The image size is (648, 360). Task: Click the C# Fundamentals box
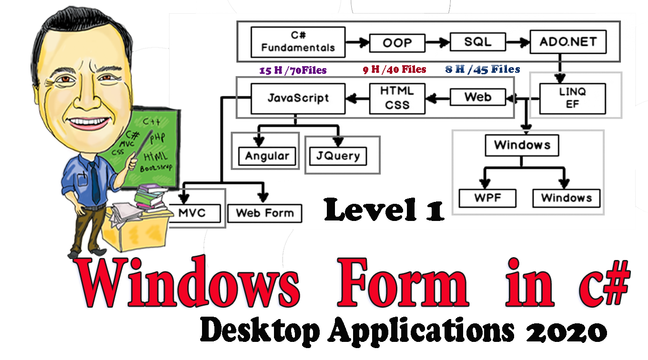[298, 42]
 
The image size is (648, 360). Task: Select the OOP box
[397, 43]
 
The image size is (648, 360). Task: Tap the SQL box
[477, 42]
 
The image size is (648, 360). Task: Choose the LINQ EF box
[572, 99]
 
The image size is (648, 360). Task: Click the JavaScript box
[298, 99]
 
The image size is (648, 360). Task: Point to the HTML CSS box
[397, 99]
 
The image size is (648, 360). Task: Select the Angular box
[267, 156]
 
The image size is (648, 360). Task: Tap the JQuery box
[338, 156]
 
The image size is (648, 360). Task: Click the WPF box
[487, 198]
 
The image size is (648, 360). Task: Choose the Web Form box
[265, 213]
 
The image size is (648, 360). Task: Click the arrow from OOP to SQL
[437, 43]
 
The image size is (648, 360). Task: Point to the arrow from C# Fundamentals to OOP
[357, 43]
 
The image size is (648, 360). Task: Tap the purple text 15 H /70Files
[293, 70]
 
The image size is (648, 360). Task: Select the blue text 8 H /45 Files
[483, 70]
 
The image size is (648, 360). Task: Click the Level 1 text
[384, 210]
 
